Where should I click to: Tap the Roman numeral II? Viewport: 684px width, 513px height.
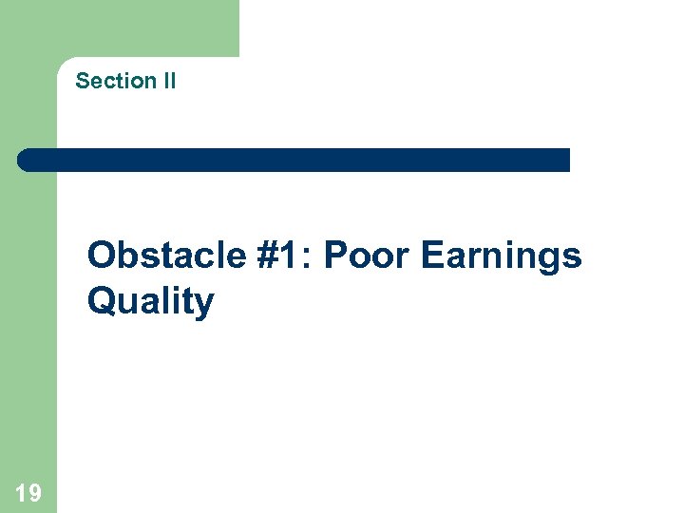pyautogui.click(x=168, y=82)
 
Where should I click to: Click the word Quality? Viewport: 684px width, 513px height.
pyautogui.click(x=150, y=303)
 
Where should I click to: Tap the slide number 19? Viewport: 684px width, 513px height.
pyautogui.click(x=28, y=492)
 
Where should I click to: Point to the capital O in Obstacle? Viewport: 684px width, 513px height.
pyautogui.click(x=102, y=256)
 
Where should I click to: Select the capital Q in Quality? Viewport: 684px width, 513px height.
pyautogui.click(x=102, y=302)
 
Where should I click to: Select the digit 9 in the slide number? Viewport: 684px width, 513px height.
pyautogui.click(x=34, y=492)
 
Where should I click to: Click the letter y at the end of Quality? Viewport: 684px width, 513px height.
pyautogui.click(x=204, y=306)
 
